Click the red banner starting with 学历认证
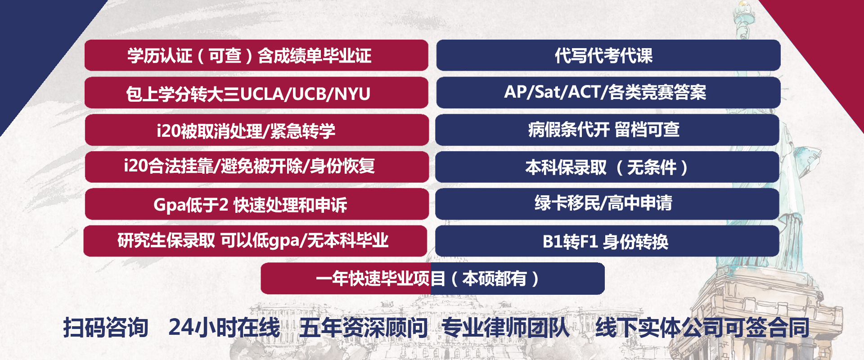tap(256, 55)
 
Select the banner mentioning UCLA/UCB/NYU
tap(256, 93)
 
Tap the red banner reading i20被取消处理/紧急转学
tap(256, 130)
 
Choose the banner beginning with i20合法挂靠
tap(256, 167)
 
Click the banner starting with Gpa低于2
tap(256, 204)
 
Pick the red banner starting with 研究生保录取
tap(255, 241)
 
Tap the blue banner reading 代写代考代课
tap(608, 55)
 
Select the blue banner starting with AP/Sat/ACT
tap(608, 93)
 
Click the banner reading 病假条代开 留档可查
tap(607, 130)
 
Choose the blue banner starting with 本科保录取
tap(607, 167)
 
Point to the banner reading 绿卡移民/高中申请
tap(607, 204)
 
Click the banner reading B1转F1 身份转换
tap(607, 241)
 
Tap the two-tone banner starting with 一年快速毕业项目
tap(432, 279)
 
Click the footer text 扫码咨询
tap(106, 327)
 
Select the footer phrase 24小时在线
tap(224, 327)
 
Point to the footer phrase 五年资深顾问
tap(363, 327)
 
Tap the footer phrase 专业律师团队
tap(505, 327)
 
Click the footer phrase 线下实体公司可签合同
tap(702, 327)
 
